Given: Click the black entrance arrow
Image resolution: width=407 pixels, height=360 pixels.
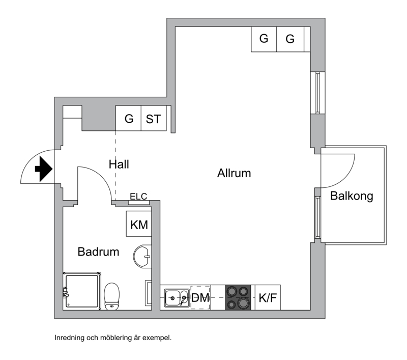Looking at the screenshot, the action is pos(44,169).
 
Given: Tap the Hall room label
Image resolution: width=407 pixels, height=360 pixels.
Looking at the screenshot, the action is pos(119,164).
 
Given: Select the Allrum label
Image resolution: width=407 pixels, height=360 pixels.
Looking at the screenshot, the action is pos(234,173).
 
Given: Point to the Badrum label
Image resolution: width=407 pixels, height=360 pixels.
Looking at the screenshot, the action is pos(98,252).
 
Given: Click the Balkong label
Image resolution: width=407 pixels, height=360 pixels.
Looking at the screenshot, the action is pos(352,196).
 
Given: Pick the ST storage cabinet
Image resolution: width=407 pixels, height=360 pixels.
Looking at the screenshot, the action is pos(154,118).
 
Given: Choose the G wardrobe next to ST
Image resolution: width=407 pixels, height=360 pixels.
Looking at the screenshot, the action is pos(129,118).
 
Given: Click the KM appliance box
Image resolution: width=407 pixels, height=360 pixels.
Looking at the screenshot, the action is pos(139,224).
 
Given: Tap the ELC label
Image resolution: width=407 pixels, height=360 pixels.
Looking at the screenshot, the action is pos(138,197).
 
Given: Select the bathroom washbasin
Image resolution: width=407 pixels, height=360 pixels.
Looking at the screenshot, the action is pos(142,256).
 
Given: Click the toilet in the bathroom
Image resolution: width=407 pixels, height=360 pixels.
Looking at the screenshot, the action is pos(112,296).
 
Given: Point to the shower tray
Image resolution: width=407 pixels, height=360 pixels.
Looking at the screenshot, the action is pos(82,291).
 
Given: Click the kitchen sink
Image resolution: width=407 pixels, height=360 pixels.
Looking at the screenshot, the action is pos(177,298).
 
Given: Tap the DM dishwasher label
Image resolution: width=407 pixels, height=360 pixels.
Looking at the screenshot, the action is pos(200,298).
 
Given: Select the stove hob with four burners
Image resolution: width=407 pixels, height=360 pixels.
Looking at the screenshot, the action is pos(238,298).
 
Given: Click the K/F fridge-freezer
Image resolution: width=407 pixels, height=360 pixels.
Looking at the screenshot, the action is pos(268,298).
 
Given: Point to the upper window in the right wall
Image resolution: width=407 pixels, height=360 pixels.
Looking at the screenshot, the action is pos(317,93).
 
